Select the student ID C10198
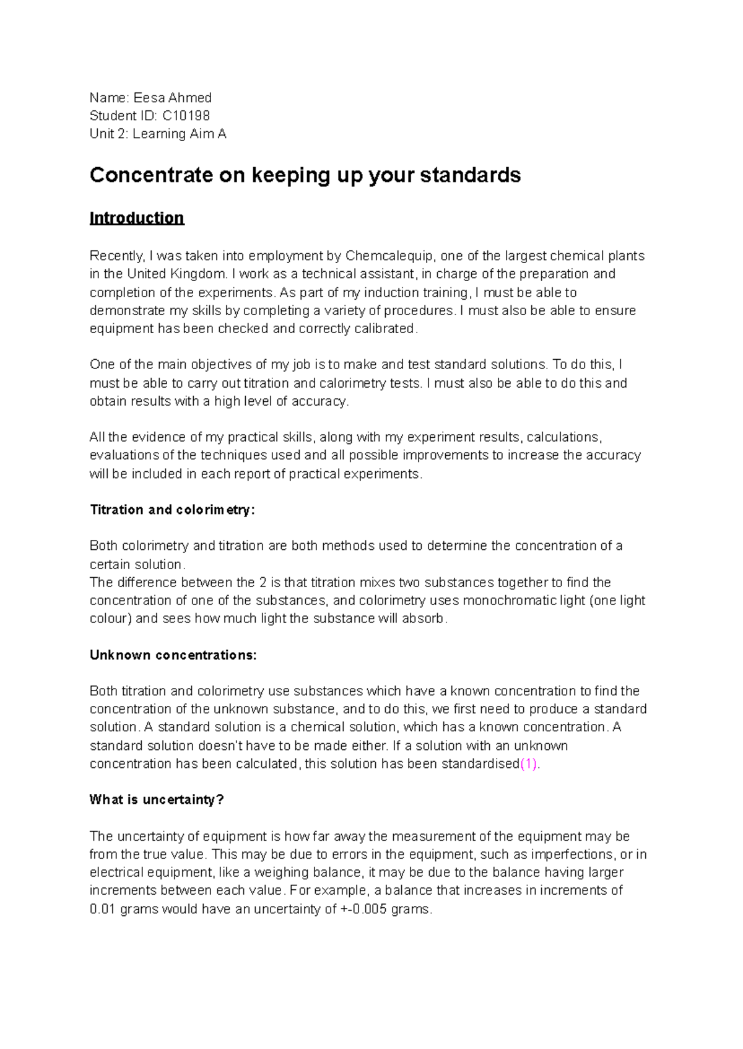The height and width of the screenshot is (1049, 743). coord(186,116)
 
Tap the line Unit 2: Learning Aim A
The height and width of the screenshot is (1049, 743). coord(158,134)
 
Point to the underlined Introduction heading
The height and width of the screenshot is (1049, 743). coord(137,218)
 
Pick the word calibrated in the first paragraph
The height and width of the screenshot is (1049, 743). coord(384,329)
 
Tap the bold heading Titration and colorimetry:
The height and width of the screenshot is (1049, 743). coord(172,510)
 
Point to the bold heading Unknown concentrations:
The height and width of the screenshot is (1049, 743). coord(173,655)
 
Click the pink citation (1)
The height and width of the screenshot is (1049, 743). coord(529,764)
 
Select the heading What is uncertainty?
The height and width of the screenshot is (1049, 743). coord(157,799)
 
